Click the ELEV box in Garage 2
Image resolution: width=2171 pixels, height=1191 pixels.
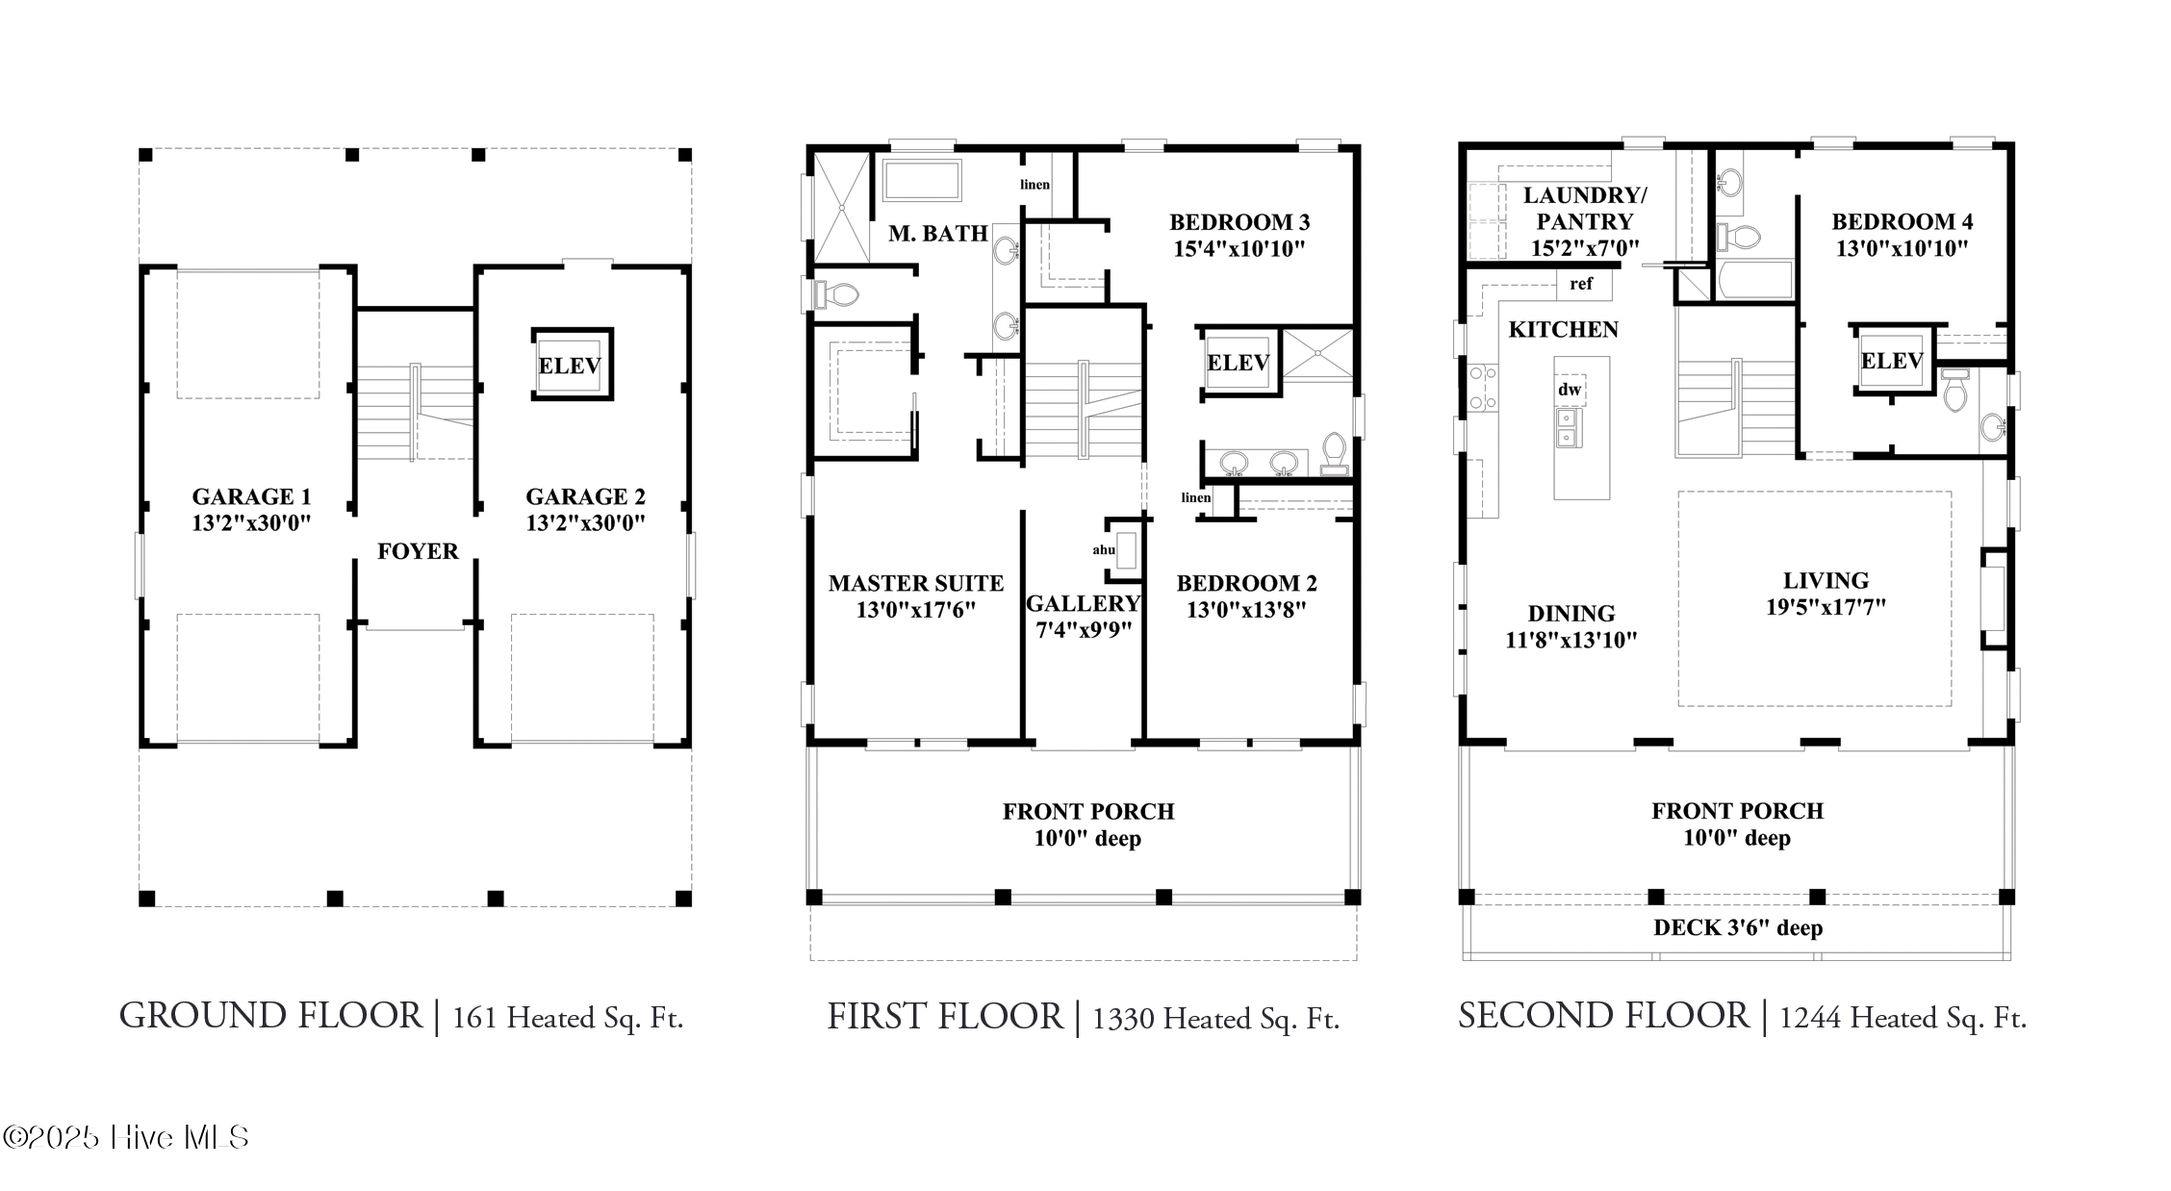572,364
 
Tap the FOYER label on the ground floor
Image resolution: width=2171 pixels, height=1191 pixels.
418,551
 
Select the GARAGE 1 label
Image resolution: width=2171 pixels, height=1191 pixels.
251,496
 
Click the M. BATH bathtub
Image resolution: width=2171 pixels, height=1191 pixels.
922,181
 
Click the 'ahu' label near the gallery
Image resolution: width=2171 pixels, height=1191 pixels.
1104,550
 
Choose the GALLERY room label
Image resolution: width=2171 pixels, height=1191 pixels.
1084,603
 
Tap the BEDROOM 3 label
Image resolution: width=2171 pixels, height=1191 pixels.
1239,222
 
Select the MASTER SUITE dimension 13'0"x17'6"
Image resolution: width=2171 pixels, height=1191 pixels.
916,610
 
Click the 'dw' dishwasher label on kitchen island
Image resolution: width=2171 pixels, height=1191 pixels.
1570,390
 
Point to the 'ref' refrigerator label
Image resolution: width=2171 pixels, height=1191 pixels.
1581,284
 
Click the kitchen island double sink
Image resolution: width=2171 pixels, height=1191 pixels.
1567,428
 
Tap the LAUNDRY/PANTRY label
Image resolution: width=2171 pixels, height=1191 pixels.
1585,208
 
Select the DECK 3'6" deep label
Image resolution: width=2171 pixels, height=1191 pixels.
1738,928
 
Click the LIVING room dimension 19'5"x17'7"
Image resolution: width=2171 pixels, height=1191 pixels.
1826,607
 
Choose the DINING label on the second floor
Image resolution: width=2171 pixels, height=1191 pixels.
1571,614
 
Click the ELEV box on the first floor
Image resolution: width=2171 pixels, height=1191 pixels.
1239,363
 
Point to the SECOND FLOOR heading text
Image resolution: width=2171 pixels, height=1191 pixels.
1603,1016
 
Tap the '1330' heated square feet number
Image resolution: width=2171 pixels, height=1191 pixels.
1123,1020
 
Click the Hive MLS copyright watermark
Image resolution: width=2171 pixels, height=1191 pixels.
126,1138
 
